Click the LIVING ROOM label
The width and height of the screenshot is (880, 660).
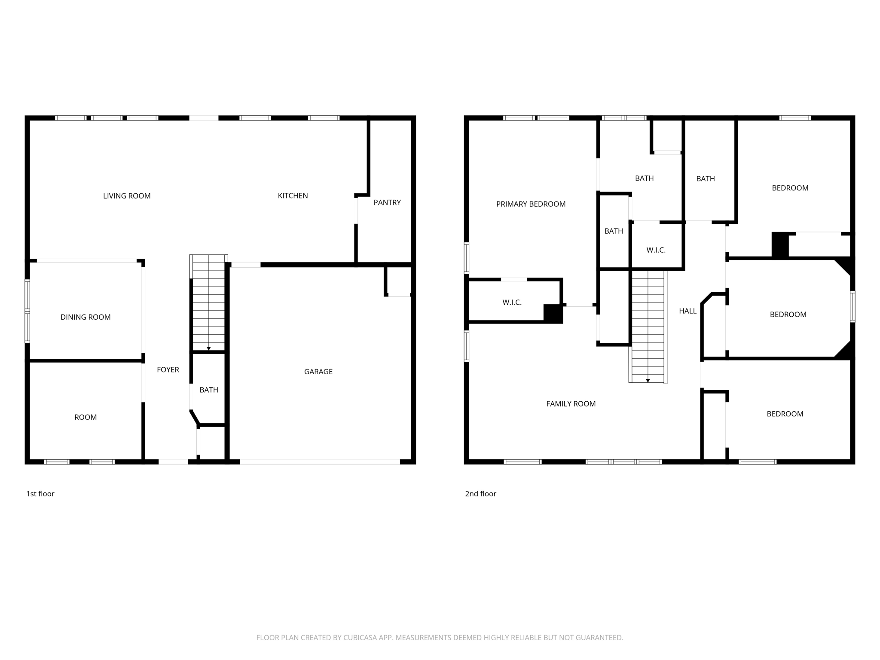(127, 196)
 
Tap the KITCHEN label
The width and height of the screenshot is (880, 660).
(293, 196)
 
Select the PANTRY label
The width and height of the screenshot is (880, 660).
(387, 202)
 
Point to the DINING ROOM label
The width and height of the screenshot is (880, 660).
(86, 317)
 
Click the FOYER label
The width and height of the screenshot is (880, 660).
(168, 370)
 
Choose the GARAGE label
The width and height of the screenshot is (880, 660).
(318, 372)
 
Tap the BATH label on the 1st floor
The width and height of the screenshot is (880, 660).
(209, 390)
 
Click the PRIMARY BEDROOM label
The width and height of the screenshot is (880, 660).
(531, 204)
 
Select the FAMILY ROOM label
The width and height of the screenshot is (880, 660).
(571, 404)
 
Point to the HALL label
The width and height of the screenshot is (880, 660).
(687, 311)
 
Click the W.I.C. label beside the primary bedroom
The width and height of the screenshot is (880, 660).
(512, 302)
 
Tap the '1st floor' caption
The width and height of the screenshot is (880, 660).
(40, 494)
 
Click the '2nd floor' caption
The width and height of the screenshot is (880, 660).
(480, 494)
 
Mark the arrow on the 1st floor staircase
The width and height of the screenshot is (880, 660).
(209, 348)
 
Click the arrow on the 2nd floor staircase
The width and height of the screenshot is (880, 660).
(648, 381)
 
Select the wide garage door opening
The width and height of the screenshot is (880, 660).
(320, 462)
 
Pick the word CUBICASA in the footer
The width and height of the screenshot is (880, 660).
(360, 638)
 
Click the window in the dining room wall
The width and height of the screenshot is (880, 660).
(27, 311)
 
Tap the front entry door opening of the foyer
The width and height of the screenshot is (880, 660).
(173, 462)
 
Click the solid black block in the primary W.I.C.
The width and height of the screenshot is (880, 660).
(553, 313)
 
